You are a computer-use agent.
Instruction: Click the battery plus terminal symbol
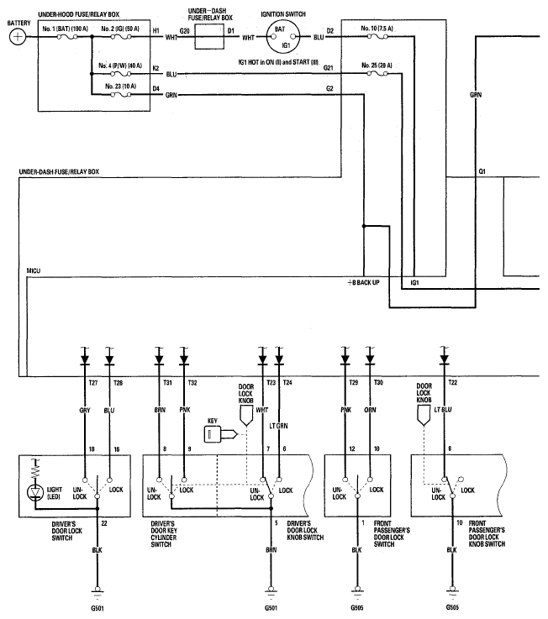[x=17, y=37]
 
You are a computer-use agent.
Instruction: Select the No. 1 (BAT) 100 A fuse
[x=67, y=37]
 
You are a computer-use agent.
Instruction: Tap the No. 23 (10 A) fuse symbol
[x=121, y=95]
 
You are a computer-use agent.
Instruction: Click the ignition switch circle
[x=283, y=37]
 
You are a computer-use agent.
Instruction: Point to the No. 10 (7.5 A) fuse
[x=377, y=37]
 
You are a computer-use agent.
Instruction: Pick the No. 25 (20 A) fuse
[x=377, y=73]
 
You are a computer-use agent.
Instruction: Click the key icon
[x=220, y=434]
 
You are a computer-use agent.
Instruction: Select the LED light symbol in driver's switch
[x=34, y=492]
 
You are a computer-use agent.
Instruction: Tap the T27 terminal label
[x=93, y=382]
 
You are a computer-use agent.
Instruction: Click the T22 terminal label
[x=453, y=382]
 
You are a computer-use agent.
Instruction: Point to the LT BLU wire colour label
[x=443, y=410]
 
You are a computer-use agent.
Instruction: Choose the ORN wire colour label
[x=370, y=410]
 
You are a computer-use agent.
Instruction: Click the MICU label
[x=33, y=270]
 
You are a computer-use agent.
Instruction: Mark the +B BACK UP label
[x=363, y=283]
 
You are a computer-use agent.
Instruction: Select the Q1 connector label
[x=482, y=171]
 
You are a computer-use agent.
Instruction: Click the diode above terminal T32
[x=184, y=359]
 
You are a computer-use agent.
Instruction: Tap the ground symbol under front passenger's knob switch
[x=452, y=590]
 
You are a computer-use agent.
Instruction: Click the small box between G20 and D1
[x=209, y=37]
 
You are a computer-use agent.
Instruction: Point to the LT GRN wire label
[x=278, y=426]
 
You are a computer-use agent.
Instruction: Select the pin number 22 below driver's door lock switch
[x=104, y=523]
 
